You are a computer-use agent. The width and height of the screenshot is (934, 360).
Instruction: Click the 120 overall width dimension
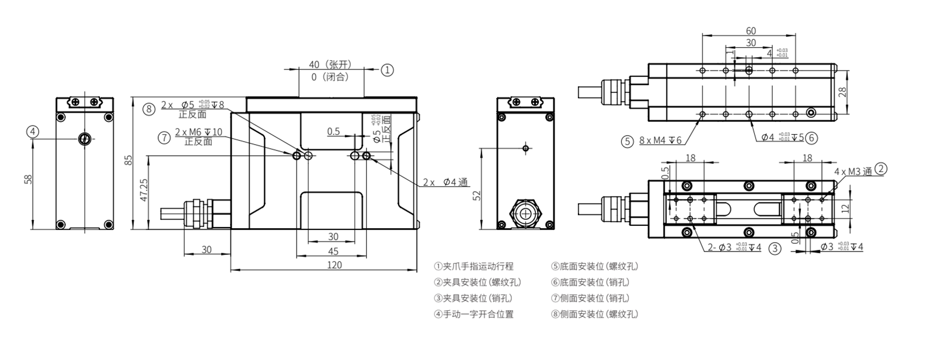point(334,265)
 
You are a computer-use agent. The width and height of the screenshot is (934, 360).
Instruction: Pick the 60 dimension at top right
point(751,30)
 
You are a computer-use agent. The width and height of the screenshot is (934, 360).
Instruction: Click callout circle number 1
point(388,70)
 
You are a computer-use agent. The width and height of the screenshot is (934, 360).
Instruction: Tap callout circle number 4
point(33,132)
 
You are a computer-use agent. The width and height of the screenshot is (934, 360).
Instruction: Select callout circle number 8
point(149,108)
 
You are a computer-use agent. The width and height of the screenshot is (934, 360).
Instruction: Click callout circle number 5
point(627,141)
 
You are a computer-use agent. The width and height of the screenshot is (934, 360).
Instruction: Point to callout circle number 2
point(881,169)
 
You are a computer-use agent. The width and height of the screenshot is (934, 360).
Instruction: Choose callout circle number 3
point(774,249)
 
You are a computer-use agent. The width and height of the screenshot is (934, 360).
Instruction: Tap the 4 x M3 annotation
point(853,172)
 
